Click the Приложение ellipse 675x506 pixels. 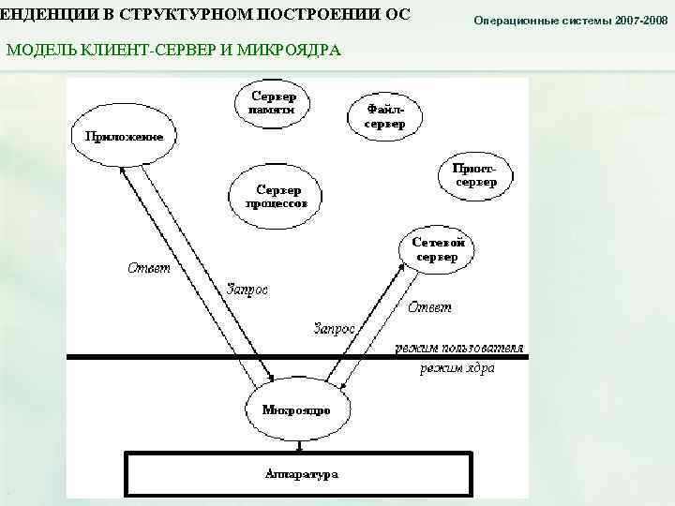pyautogui.click(x=124, y=137)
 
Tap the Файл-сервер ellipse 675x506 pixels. pyautogui.click(x=385, y=116)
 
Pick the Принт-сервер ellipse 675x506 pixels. pyautogui.click(x=476, y=174)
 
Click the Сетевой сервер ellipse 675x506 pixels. pyautogui.click(x=438, y=248)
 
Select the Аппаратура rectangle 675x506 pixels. pyautogui.click(x=301, y=474)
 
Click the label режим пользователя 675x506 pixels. pyautogui.click(x=459, y=348)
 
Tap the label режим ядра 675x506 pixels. pyautogui.click(x=457, y=368)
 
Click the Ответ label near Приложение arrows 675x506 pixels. pyautogui.click(x=149, y=269)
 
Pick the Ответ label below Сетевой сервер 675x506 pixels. pyautogui.click(x=429, y=306)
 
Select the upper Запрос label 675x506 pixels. pyautogui.click(x=247, y=290)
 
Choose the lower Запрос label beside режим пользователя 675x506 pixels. pyautogui.click(x=333, y=329)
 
